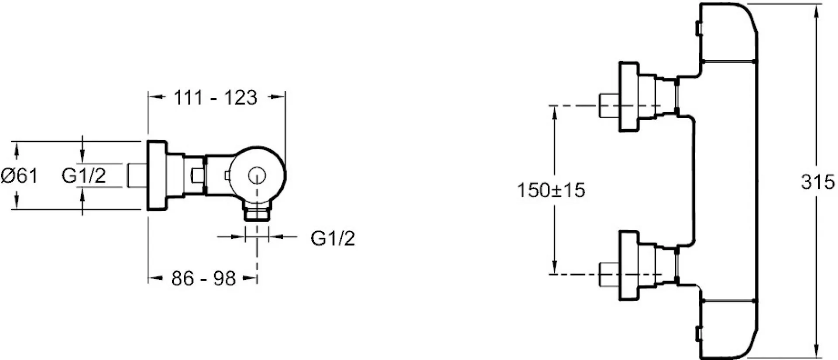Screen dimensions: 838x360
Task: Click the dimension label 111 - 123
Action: tap(215, 98)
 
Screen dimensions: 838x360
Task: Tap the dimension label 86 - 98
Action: tap(203, 278)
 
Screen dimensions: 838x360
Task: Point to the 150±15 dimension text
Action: tap(551, 190)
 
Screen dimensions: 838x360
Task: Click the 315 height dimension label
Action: tap(817, 182)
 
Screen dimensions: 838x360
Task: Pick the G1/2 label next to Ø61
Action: tap(84, 175)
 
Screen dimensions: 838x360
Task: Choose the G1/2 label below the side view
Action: tap(333, 238)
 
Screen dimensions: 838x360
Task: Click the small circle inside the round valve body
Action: tap(257, 176)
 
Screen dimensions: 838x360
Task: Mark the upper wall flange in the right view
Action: tap(629, 96)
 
